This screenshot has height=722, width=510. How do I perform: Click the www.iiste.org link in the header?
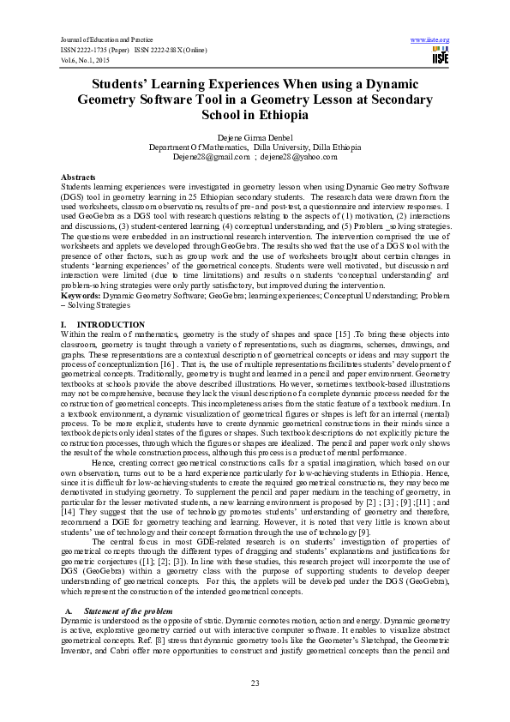click(x=430, y=40)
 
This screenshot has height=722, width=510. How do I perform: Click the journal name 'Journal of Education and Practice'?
click(x=93, y=40)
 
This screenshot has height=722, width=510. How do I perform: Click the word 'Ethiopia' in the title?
click(x=295, y=116)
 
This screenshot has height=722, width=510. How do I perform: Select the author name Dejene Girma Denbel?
click(x=255, y=138)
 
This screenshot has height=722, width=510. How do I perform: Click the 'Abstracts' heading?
click(x=78, y=176)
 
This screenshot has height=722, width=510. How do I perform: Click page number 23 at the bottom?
click(x=255, y=682)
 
